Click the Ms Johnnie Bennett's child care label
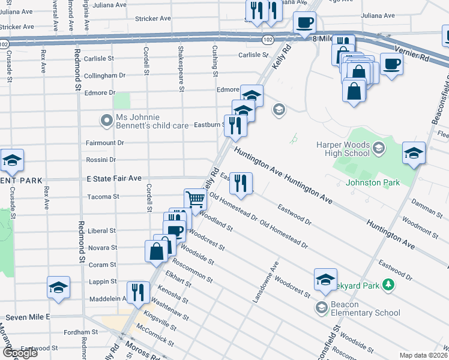(x=148, y=121)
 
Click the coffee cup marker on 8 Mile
(x=304, y=23)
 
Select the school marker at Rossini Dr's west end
(x=12, y=161)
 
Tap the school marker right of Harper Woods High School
(x=414, y=153)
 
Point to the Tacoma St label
(x=104, y=196)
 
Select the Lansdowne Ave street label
(x=265, y=281)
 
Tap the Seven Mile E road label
(x=28, y=316)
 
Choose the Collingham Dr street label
(x=104, y=76)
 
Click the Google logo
(x=20, y=353)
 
